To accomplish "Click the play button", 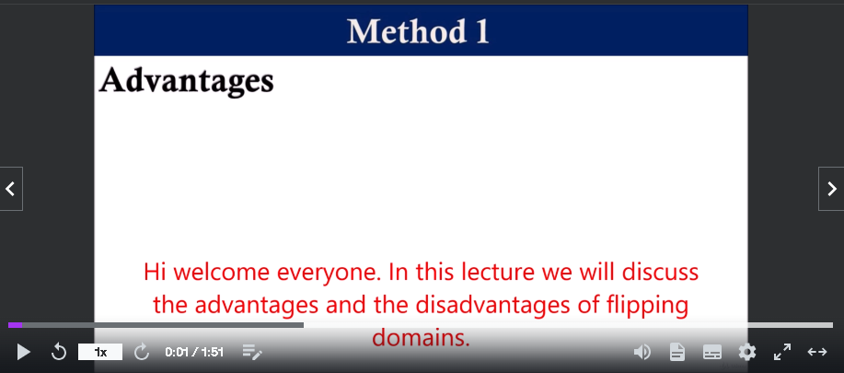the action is [x=24, y=353].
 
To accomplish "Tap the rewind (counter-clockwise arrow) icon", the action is [x=58, y=352].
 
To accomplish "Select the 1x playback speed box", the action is [x=100, y=352].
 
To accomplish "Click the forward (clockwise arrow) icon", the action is [x=142, y=352].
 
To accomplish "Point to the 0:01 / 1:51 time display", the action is [x=194, y=353].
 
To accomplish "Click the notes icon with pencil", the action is [x=252, y=353].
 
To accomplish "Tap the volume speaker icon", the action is [x=642, y=353].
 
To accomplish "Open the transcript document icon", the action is [x=677, y=353].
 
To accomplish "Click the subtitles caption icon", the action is [x=712, y=353].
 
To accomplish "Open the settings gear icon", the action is [x=747, y=353].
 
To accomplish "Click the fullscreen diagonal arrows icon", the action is [x=782, y=352].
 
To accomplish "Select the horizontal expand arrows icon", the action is [x=817, y=352].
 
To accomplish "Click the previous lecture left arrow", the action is [x=11, y=189].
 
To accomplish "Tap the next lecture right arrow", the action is [x=832, y=189].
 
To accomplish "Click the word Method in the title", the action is [x=406, y=31].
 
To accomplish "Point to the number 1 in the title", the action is [x=481, y=31].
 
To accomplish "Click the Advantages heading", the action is [x=186, y=81].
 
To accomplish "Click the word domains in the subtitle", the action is [x=422, y=337].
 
